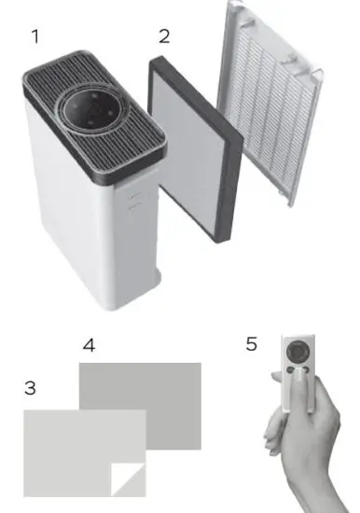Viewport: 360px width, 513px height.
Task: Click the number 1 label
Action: [35, 37]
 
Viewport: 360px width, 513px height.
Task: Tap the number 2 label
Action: [164, 37]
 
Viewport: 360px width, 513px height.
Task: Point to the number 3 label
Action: [30, 387]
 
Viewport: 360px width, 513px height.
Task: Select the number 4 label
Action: [89, 345]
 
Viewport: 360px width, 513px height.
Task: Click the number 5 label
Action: [251, 344]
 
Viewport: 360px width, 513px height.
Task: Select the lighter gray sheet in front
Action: [75, 448]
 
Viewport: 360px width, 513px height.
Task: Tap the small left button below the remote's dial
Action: [290, 370]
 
